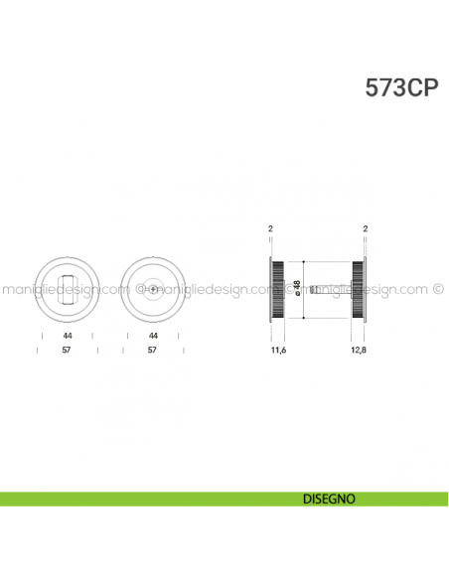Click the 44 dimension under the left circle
[68, 336]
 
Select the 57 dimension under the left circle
[68, 351]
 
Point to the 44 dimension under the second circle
[152, 336]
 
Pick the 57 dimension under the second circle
[152, 351]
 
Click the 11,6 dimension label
[277, 351]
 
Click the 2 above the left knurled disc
[270, 228]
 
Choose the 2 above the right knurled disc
[367, 228]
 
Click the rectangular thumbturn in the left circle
[68, 288]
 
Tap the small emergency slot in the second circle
[152, 288]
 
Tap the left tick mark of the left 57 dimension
[39, 351]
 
